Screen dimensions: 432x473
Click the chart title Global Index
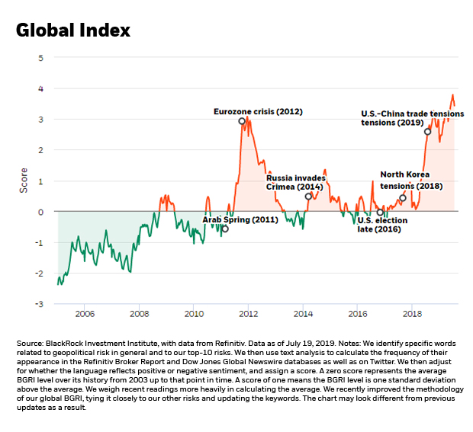[73, 30]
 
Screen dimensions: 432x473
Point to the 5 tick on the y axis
[40, 58]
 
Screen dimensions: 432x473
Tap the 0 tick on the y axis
[40, 212]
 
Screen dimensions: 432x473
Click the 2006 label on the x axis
[85, 314]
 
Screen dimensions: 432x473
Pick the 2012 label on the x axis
[249, 314]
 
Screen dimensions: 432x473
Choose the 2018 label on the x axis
[413, 314]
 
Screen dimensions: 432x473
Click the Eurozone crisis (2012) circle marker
[242, 121]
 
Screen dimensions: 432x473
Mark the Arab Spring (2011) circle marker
[225, 229]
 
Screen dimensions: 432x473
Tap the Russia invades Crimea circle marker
[308, 197]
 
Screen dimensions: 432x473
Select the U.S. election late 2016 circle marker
[380, 213]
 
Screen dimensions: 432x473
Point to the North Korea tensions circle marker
[403, 198]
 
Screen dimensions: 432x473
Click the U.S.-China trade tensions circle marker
[427, 132]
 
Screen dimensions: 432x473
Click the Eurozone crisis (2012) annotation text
[257, 111]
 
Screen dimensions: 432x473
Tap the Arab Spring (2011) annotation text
[240, 219]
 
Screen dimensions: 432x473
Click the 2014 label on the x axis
[304, 314]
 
